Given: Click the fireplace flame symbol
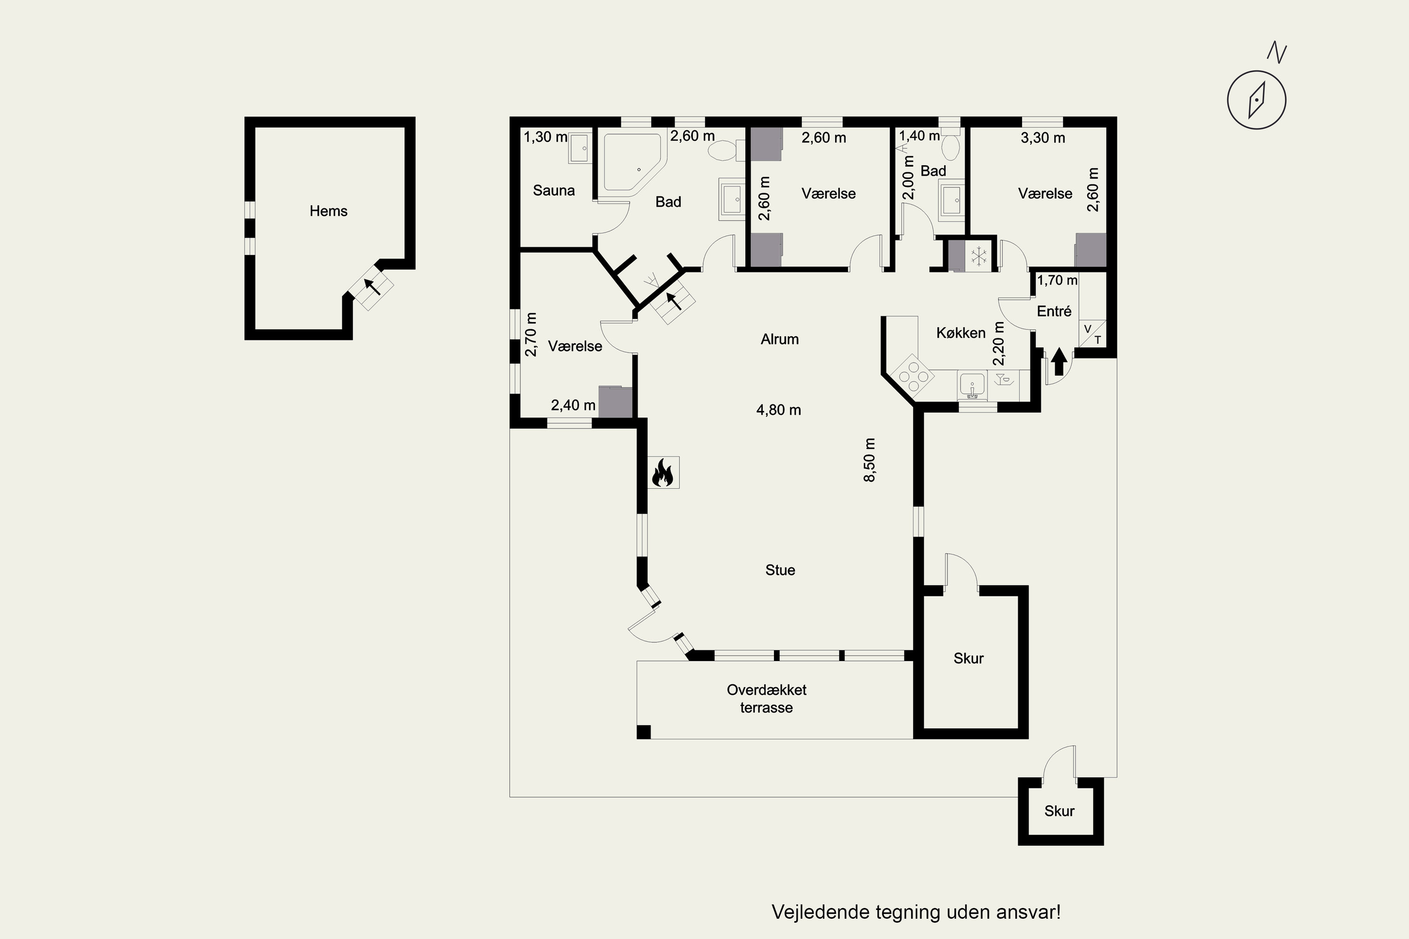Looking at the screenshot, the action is point(663,472).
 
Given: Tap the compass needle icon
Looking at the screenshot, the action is point(1256,100).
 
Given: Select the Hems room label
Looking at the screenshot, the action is point(328,211).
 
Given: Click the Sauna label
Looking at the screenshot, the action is point(554,191).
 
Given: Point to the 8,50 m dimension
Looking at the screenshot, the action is point(869,459).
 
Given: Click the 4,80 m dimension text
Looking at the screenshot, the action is point(778,410).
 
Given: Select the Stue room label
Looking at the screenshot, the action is point(780,570).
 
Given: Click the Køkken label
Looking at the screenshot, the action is point(960,333).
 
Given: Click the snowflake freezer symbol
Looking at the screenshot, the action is point(979,256).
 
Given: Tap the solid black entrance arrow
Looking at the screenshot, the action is point(1059,362).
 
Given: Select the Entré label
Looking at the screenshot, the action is point(1054,311).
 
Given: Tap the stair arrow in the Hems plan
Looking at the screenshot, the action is point(373,287).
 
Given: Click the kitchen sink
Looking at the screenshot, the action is point(973,385).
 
